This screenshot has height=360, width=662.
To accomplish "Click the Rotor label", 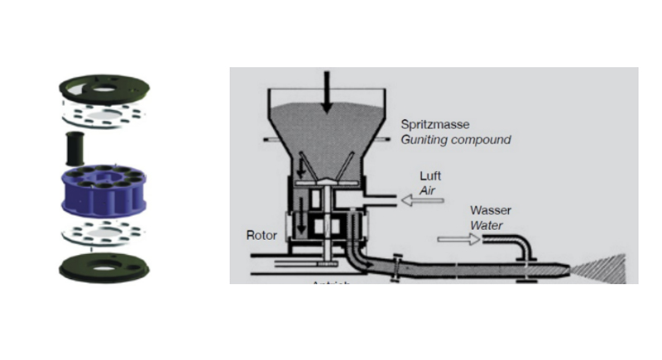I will [x=261, y=235].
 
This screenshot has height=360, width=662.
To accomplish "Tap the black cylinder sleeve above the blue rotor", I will [x=75, y=148].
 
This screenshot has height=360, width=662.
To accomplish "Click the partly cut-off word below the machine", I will [x=331, y=281].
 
